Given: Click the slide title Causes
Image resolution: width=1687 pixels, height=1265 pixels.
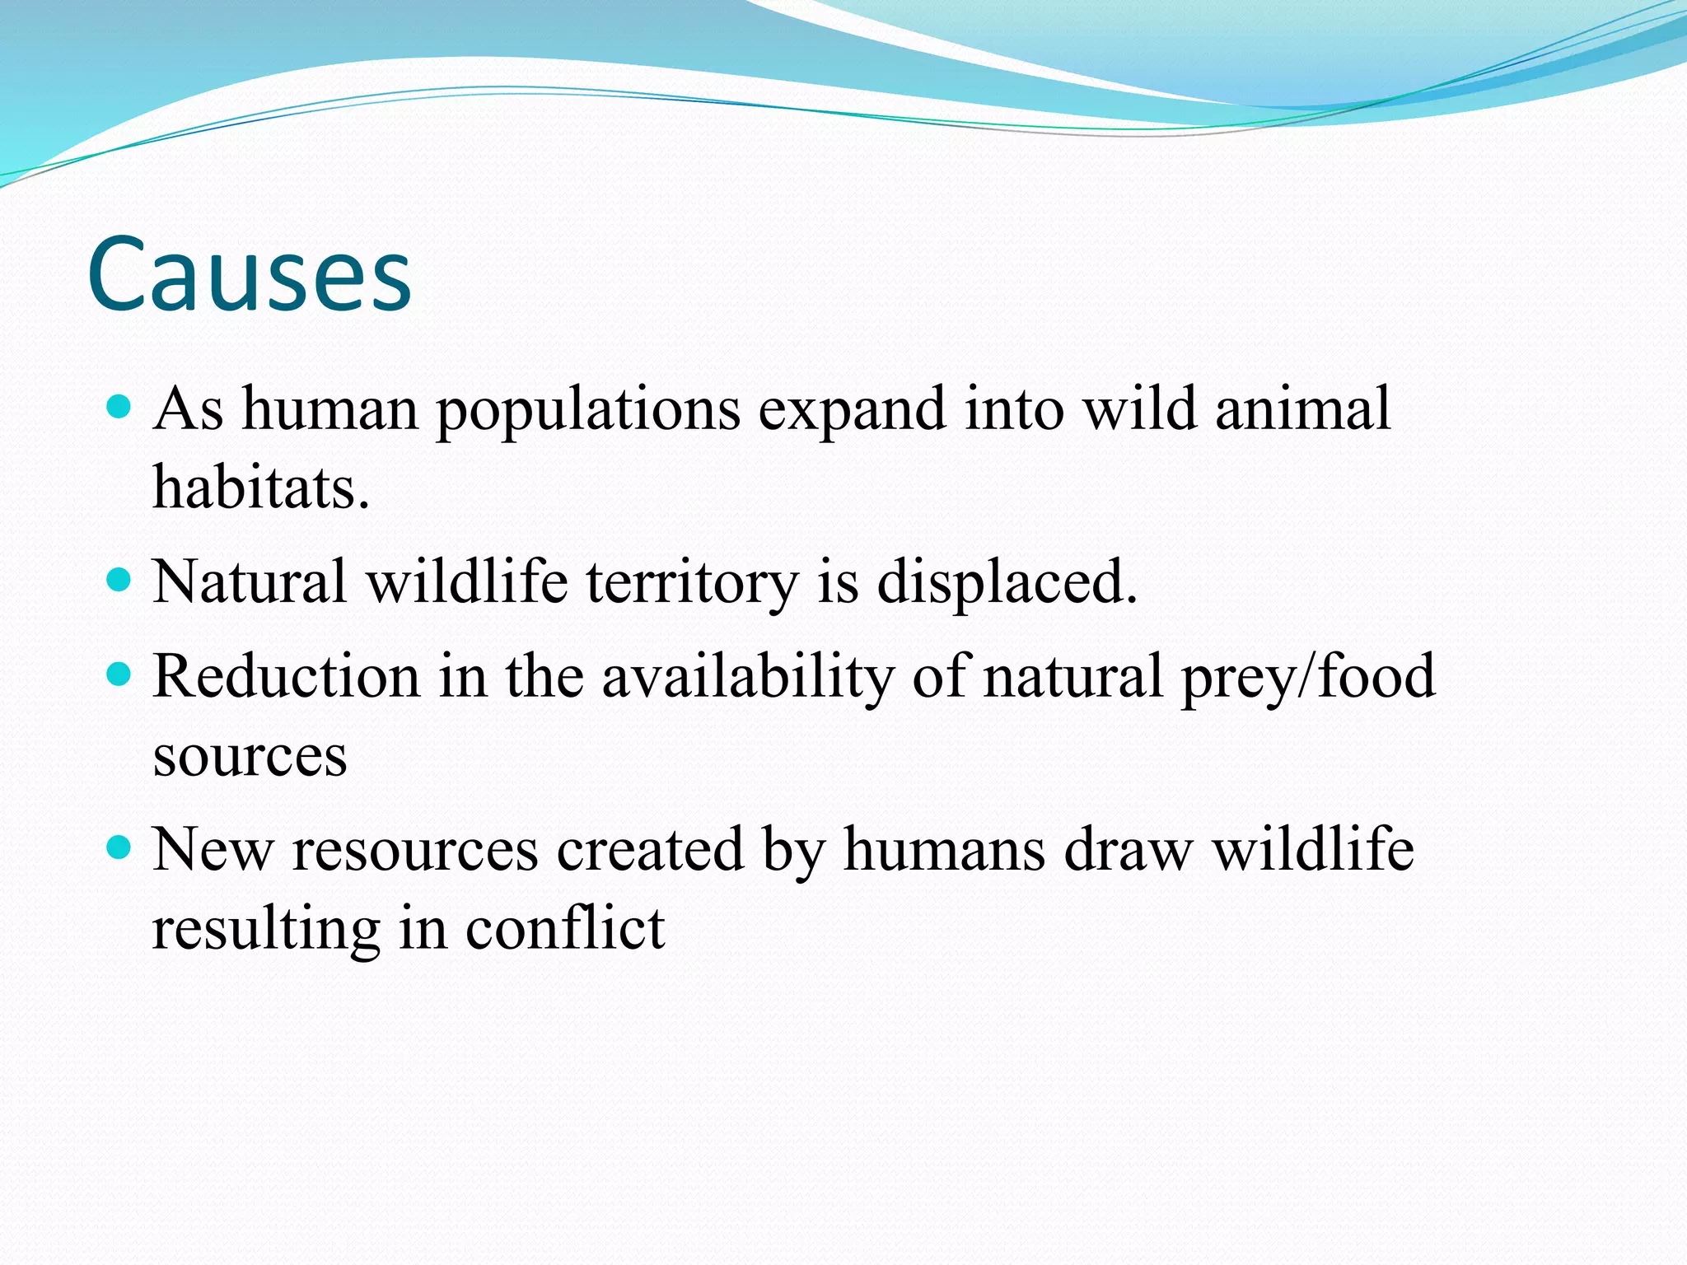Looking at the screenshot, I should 249,274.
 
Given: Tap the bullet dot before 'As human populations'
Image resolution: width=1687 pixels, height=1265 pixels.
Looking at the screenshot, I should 120,406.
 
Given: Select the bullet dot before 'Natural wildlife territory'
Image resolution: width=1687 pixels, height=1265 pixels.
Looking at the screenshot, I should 120,580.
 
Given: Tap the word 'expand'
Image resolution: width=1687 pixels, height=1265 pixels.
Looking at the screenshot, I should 851,411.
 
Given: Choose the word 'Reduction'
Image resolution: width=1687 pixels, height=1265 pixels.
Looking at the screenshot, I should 286,676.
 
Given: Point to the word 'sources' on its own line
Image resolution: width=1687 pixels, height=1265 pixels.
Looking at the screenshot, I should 250,757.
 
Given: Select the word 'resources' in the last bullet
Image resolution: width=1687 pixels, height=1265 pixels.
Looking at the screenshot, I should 415,850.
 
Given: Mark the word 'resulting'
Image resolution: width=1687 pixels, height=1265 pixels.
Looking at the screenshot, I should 266,930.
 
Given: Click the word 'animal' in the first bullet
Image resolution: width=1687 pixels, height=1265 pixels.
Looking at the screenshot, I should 1302,409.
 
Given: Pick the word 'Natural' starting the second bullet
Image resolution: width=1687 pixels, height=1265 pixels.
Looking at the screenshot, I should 250,582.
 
